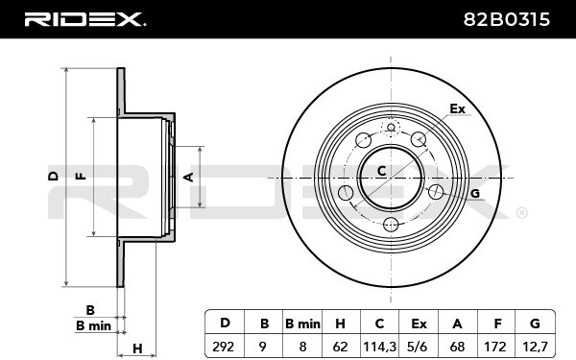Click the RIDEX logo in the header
pos(84,19)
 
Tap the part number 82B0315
pos(507,19)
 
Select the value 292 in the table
pos(224,347)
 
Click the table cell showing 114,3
pos(379,347)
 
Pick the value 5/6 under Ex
pos(419,347)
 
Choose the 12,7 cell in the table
pos(536,347)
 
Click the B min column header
pos(302,324)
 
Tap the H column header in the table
pos(340,324)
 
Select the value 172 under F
pos(496,347)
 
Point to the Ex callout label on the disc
pos(457,108)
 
